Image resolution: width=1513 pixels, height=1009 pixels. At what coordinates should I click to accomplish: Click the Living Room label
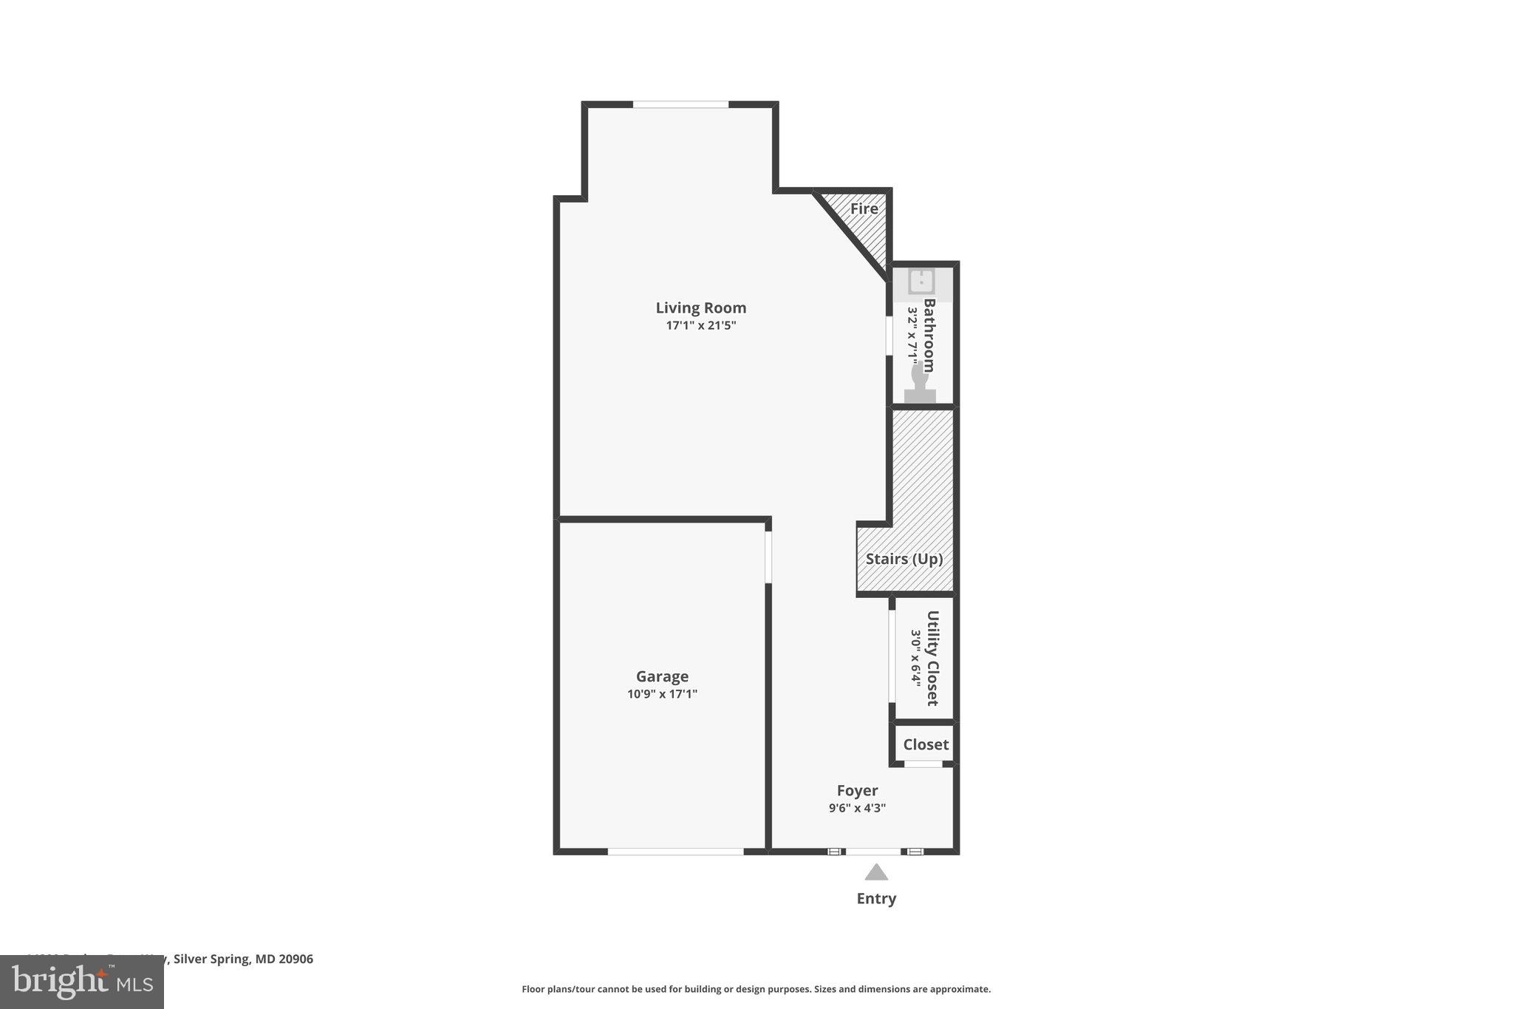coord(700,308)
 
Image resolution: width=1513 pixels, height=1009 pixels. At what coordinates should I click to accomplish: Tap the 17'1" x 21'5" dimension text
coord(701,325)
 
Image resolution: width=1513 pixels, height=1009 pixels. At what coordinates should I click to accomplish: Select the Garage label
coord(662,676)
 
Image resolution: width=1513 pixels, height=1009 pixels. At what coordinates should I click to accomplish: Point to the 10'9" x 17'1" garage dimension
coord(662,694)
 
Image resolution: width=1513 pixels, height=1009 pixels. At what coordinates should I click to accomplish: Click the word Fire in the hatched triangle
coord(864,208)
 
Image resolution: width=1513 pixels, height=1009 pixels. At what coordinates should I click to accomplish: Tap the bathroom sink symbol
coord(921,282)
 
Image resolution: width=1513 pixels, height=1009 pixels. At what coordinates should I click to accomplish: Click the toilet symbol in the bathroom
coord(920,384)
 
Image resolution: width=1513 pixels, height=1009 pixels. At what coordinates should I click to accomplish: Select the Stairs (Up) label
coord(904,559)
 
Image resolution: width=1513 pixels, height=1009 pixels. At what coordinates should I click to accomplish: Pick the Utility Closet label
coord(932,658)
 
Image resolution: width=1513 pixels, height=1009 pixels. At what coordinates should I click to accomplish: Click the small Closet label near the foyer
coord(925,744)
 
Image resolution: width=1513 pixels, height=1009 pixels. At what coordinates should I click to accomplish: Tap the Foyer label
coord(857,791)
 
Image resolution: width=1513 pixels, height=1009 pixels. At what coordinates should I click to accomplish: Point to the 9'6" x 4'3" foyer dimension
coord(857,808)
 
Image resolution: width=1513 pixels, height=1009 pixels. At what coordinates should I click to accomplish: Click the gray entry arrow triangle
coord(876,873)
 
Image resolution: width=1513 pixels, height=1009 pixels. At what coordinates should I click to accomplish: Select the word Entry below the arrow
coord(876,899)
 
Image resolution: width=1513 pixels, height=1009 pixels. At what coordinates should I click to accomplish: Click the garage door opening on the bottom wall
coord(675,852)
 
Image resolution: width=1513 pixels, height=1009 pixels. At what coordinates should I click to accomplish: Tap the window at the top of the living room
coord(680,105)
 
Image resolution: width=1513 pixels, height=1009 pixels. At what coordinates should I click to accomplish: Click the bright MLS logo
coord(82,982)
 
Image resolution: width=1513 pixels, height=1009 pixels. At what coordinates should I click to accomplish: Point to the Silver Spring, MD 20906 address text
coord(243,959)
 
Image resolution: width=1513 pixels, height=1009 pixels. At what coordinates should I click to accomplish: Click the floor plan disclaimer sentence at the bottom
coord(756,989)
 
